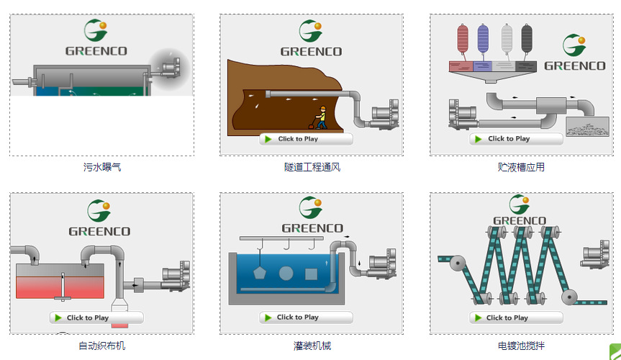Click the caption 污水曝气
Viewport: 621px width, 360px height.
[x=101, y=167]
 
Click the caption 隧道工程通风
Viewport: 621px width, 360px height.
[x=312, y=167]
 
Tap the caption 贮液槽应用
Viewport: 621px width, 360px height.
[x=521, y=167]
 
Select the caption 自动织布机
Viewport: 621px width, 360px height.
[x=101, y=346]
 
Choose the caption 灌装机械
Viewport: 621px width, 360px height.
[x=312, y=346]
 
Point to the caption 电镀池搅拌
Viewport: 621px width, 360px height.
[x=521, y=346]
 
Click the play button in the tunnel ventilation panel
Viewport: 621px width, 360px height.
[x=306, y=139]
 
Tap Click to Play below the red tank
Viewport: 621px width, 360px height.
[x=96, y=318]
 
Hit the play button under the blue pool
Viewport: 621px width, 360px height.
[x=306, y=317]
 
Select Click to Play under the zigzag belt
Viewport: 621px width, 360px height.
[x=516, y=318]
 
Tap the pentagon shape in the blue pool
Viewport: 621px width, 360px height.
[x=260, y=274]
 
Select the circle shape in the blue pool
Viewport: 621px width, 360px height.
[x=286, y=274]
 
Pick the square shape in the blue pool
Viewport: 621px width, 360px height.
[x=311, y=274]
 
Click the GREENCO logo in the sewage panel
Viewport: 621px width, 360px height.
[x=96, y=39]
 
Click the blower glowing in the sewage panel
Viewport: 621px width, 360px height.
[x=169, y=67]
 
